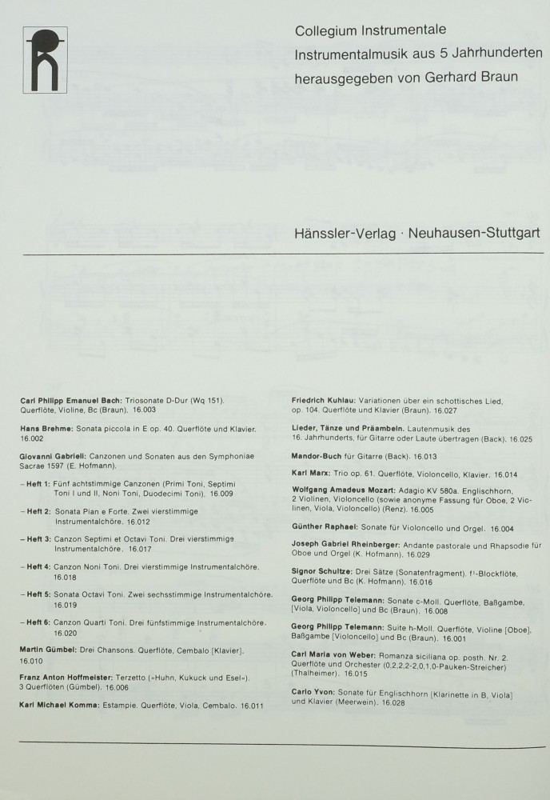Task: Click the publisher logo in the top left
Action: (46, 59)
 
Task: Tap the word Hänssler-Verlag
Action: (347, 233)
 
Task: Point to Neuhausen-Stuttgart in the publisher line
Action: (474, 233)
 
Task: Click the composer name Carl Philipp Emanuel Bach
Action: (71, 399)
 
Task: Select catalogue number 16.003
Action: (144, 410)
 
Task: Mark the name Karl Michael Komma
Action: (63, 706)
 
